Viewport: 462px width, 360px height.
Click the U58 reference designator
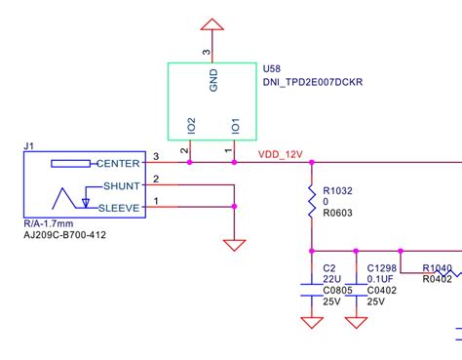point(274,69)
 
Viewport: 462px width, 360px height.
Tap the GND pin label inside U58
point(213,80)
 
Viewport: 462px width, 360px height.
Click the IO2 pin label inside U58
point(191,125)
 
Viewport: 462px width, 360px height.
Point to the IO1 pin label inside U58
point(234,126)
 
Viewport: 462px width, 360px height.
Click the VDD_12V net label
point(281,153)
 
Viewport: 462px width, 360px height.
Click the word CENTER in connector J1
point(120,163)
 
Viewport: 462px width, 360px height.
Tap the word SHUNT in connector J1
point(122,185)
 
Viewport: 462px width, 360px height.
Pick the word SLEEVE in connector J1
point(120,207)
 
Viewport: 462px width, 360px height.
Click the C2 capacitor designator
point(328,267)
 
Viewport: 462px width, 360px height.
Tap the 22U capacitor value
point(331,278)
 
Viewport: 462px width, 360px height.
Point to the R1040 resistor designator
point(438,268)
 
